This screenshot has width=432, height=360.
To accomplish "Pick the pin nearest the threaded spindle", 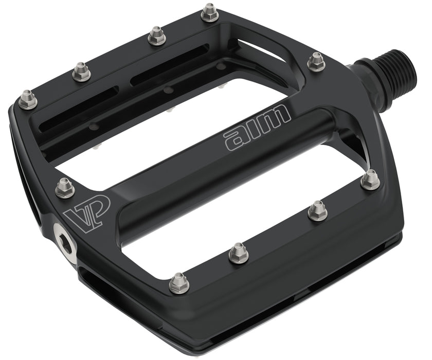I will (x=316, y=62).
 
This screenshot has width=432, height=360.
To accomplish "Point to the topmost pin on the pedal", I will (x=209, y=12).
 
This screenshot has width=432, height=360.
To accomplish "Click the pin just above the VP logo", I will (x=65, y=187).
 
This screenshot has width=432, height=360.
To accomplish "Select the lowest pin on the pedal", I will (x=178, y=282).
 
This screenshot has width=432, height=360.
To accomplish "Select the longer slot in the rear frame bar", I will (x=170, y=65).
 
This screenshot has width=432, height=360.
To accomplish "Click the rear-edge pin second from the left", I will (x=81, y=71).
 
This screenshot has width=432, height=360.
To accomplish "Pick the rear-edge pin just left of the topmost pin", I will (x=156, y=36).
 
